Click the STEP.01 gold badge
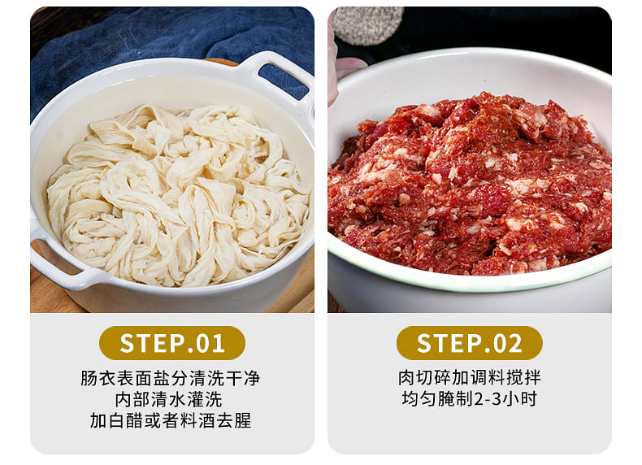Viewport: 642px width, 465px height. (x=172, y=343)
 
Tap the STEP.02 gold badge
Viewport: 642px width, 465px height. (x=469, y=343)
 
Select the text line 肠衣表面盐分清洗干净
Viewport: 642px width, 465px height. (x=171, y=378)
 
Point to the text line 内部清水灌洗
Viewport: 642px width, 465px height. (x=168, y=399)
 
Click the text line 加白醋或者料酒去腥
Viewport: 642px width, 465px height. (x=171, y=421)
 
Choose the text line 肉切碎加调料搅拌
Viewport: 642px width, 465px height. (x=470, y=378)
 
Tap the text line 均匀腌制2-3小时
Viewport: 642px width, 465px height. (x=469, y=398)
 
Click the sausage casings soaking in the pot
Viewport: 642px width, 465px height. (x=178, y=194)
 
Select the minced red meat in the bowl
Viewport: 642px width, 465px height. (x=470, y=185)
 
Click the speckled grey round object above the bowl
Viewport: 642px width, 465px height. (x=367, y=24)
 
